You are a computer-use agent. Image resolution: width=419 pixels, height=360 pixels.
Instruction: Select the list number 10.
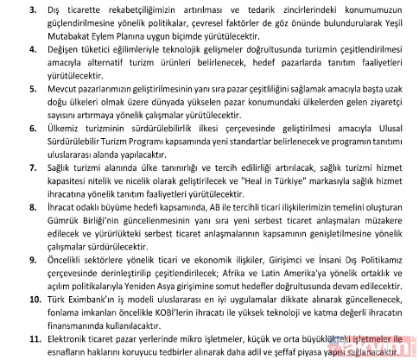[x=31, y=297]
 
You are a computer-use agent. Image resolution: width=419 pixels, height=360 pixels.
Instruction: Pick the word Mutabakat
[x=71, y=37]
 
